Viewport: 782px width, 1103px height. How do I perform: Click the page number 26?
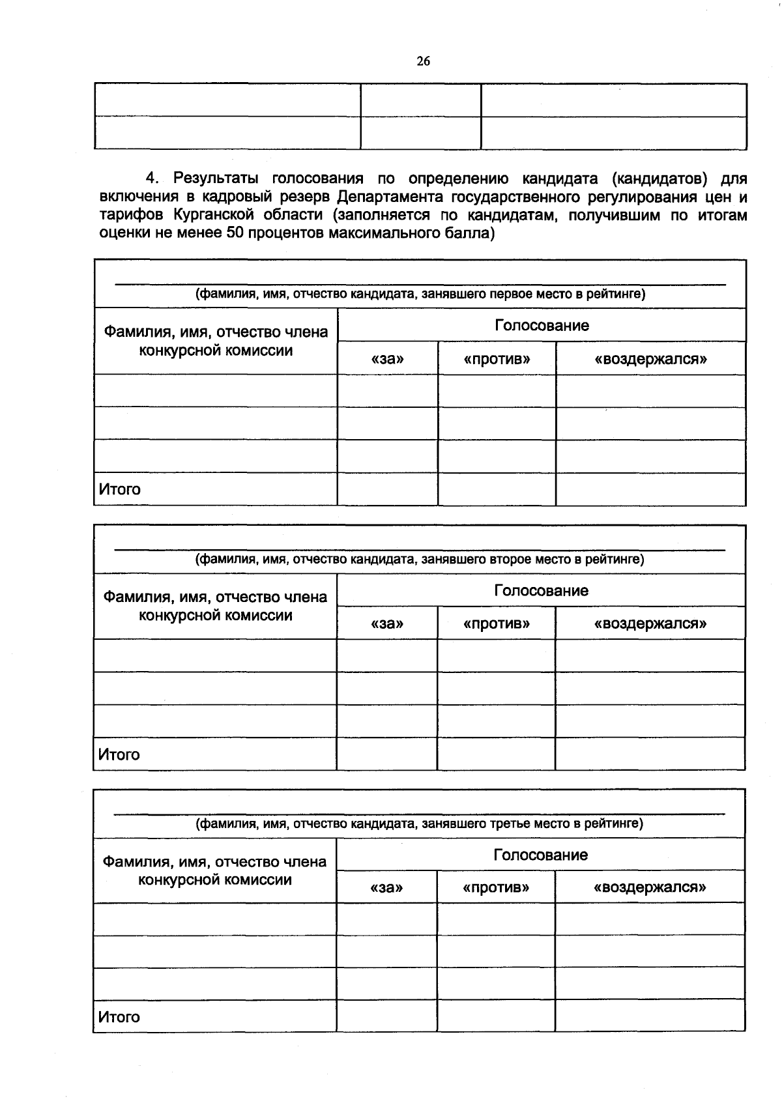point(423,61)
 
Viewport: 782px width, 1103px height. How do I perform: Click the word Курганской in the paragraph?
point(213,215)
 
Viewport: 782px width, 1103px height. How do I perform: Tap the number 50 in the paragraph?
point(235,233)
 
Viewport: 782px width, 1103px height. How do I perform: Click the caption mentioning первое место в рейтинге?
point(420,294)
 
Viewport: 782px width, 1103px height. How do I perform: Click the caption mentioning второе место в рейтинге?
point(420,559)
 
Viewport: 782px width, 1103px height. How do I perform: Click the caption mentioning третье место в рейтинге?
point(420,824)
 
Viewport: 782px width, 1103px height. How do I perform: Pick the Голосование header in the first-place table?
point(542,325)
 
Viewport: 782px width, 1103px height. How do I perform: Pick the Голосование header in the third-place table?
point(540,855)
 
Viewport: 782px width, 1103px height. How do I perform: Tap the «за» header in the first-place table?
point(387,359)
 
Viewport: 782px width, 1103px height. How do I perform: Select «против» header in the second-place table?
point(496,623)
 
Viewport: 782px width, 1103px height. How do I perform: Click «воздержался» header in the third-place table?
point(650,887)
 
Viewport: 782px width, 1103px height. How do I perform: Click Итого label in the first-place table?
point(120,489)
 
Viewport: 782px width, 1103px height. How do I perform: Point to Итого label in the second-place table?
point(119,754)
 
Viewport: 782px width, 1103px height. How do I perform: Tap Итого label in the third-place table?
point(119,1017)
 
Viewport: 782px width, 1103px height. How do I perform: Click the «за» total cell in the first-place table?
point(387,489)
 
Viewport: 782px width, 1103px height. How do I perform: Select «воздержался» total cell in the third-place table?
point(650,1016)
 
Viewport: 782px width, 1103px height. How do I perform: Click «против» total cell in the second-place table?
point(496,754)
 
